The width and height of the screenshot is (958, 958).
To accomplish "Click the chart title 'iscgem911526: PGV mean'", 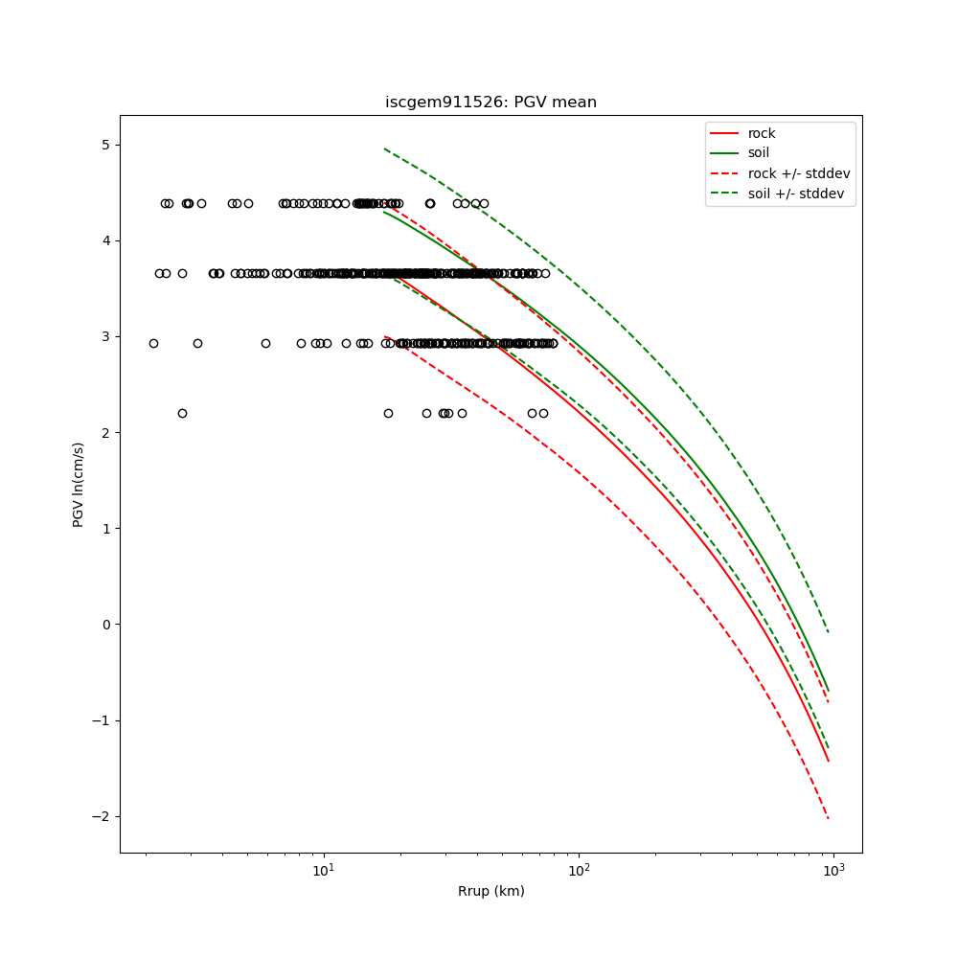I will point(490,103).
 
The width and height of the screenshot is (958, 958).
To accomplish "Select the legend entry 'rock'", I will point(762,133).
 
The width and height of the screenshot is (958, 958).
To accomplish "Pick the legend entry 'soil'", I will point(759,152).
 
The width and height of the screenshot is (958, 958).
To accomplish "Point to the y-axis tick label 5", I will point(106,145).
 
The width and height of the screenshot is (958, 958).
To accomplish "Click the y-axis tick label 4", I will point(106,240).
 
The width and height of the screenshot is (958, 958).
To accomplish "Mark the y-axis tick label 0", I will point(106,625).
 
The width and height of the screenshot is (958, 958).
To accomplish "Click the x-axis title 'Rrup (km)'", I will point(490,891).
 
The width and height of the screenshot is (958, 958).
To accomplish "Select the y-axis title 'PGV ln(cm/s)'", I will point(79,484).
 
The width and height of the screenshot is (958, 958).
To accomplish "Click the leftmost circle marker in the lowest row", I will point(182,413).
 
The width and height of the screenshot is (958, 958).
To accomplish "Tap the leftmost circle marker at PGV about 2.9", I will point(153,343).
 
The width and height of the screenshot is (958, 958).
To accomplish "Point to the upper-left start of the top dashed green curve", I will point(384,148).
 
